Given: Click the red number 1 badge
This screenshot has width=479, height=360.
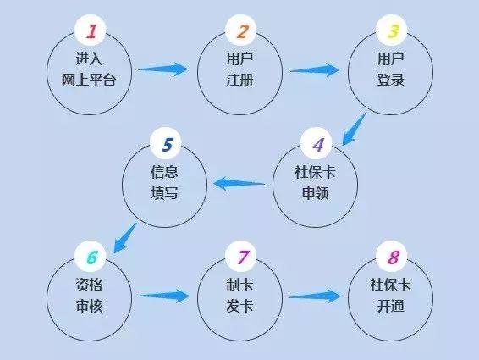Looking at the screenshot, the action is click(90, 30).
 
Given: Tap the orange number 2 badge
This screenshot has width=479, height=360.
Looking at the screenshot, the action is click(240, 30).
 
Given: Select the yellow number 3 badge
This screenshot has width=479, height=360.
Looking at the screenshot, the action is click(391, 30).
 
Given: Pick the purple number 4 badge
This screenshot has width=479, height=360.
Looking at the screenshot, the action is click(317, 143).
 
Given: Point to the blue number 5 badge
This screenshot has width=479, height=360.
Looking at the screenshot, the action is click(166, 143).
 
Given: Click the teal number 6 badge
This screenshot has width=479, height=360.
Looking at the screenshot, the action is click(90, 257).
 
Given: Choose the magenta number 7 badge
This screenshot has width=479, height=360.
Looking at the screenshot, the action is click(240, 257).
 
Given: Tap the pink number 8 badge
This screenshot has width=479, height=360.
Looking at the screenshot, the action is click(391, 257).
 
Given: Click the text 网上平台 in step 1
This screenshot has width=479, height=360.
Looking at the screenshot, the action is click(89, 80).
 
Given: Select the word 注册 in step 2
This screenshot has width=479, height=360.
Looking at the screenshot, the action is click(239, 80).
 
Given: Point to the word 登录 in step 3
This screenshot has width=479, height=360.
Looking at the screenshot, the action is click(391, 80).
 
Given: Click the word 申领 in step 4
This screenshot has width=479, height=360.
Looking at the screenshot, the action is click(316, 193).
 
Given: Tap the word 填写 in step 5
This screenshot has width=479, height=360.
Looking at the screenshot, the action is click(164, 193).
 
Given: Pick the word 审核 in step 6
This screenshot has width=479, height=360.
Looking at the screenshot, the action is click(89, 306).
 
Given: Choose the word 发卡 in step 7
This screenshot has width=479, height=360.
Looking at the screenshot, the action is click(239, 306).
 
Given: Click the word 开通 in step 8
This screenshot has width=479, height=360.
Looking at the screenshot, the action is click(391, 306).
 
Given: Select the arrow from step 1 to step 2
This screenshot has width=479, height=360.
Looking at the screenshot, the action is click(163, 69).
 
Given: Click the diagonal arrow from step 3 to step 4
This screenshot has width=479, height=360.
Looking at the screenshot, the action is click(354, 129).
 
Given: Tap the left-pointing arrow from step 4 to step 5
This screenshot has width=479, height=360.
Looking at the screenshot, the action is click(239, 184).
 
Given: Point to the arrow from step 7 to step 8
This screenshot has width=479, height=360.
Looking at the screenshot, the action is click(315, 296).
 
